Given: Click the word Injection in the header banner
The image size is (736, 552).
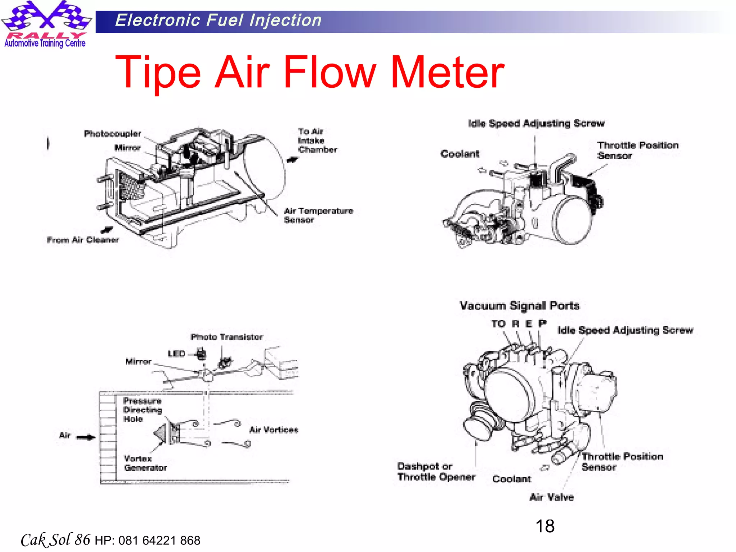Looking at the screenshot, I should click(x=285, y=20).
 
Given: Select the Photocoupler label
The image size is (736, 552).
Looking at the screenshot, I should click(x=112, y=134).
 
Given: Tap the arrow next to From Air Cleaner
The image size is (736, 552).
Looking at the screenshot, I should click(x=107, y=230).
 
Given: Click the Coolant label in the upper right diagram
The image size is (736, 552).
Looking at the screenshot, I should click(x=460, y=154).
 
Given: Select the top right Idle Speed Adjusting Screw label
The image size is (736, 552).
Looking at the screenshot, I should click(x=536, y=123).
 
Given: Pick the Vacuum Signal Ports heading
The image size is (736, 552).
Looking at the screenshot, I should click(x=519, y=305).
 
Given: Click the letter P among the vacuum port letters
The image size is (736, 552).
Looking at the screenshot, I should click(x=542, y=323).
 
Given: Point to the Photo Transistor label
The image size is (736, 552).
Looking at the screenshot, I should click(x=226, y=337).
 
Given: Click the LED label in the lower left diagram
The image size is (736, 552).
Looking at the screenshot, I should click(x=176, y=354).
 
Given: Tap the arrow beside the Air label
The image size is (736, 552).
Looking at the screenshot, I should click(x=86, y=437).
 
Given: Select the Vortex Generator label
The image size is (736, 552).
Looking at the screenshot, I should click(x=145, y=463).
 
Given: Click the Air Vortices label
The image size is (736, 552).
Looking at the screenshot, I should click(x=273, y=430).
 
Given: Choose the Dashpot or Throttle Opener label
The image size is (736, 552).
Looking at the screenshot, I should click(x=436, y=471).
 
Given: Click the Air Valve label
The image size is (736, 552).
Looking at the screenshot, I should click(x=552, y=497).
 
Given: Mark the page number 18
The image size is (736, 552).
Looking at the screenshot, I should click(x=545, y=526).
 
